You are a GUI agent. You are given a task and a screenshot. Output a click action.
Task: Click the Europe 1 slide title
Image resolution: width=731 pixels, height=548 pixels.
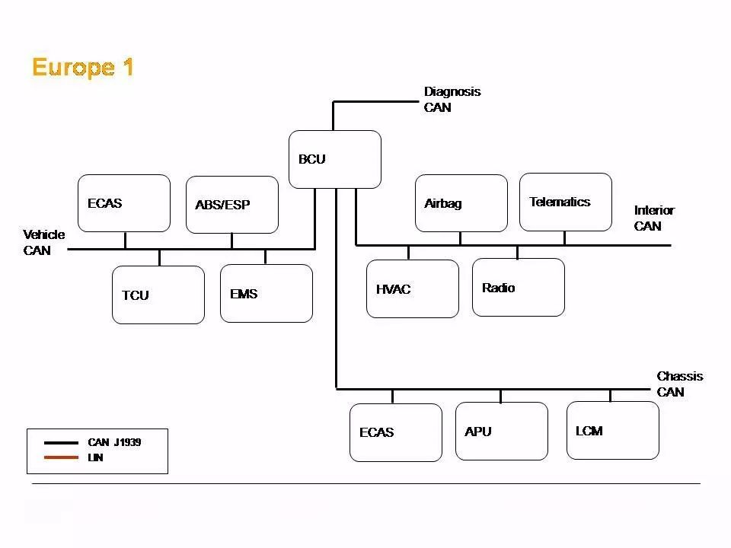83,68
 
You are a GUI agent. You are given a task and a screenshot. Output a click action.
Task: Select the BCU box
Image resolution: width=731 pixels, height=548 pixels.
334,159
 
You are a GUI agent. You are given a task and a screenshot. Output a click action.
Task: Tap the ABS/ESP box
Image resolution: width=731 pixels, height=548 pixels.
231,205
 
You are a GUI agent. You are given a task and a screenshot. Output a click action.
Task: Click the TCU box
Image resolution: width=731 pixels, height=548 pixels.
158,295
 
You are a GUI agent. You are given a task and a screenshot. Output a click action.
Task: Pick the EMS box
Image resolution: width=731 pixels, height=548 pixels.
266,293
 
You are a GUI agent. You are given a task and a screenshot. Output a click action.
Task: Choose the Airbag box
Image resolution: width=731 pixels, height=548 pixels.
461,203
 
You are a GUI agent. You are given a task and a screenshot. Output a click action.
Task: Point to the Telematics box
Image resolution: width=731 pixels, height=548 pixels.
565,202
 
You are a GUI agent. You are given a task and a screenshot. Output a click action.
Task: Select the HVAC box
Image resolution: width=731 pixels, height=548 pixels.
412,288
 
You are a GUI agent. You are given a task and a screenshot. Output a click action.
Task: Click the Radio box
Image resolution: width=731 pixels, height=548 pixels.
518,287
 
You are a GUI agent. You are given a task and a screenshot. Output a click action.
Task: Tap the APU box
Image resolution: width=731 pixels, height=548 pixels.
501,431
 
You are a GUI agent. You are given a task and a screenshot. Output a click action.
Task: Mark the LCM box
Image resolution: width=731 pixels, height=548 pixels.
612,430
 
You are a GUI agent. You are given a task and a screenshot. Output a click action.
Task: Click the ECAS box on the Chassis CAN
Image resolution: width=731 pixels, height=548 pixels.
395,432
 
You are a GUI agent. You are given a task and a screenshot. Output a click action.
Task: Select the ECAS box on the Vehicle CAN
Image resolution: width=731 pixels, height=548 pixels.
124,203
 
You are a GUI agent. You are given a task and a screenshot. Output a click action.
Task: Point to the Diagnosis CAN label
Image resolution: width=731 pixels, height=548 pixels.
452,100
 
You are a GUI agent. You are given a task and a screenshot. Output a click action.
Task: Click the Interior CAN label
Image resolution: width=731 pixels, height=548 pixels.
654,218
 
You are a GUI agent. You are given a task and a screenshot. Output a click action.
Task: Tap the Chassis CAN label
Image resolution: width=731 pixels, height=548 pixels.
679,384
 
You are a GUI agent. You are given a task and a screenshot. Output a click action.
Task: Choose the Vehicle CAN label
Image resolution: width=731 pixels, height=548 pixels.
44,242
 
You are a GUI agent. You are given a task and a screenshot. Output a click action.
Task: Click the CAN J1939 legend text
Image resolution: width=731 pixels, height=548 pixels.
114,442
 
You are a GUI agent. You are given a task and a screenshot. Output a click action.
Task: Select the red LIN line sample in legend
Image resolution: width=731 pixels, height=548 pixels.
61,457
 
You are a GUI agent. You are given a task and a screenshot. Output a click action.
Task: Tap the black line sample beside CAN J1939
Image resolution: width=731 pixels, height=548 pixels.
61,442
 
